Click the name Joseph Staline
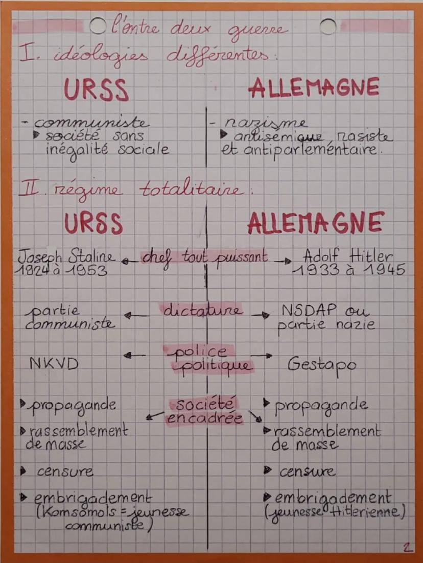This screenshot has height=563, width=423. [66, 256]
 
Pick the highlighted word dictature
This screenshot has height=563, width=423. [202, 310]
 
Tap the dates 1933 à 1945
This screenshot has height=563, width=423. [348, 270]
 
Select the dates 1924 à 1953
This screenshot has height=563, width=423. [63, 270]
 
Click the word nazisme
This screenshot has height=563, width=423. [265, 123]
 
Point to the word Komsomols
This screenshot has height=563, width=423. [73, 512]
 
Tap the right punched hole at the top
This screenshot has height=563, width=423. [328, 26]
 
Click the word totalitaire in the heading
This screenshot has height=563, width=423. [197, 191]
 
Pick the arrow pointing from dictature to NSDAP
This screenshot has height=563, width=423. [261, 316]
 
